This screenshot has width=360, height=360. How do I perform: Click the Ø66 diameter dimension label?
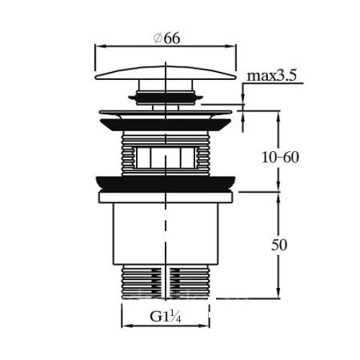167,38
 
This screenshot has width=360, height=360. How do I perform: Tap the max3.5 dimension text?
271,76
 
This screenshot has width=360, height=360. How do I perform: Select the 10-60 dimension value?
280,158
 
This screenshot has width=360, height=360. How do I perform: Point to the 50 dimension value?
279,245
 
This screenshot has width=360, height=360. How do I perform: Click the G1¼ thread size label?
166,317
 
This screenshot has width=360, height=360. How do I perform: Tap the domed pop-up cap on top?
166,73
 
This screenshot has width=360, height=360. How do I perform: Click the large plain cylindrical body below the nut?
166,234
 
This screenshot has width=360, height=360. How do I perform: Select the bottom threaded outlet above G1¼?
166,282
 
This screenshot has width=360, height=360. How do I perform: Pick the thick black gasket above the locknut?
166,184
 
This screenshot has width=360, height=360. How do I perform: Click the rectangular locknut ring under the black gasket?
166,198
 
